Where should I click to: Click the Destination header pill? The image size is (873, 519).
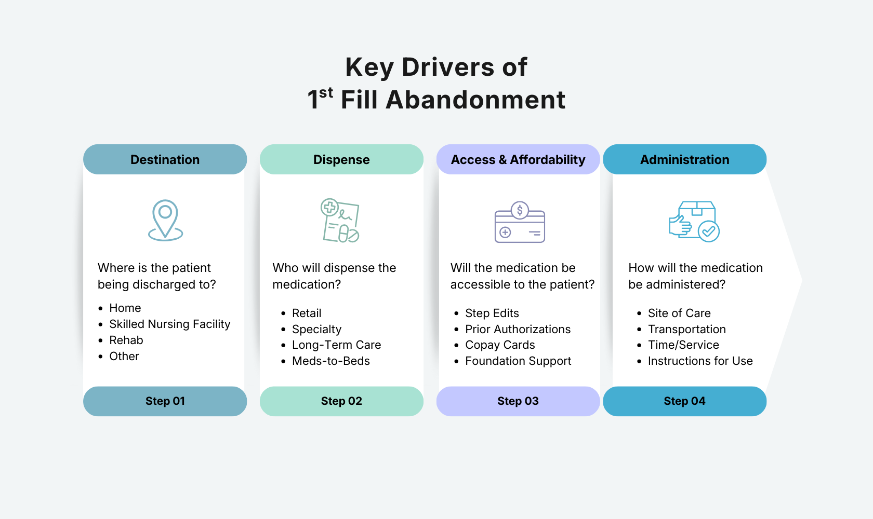pyautogui.click(x=165, y=159)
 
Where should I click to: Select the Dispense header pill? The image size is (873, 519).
pyautogui.click(x=341, y=159)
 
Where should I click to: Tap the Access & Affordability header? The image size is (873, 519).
pyautogui.click(x=518, y=159)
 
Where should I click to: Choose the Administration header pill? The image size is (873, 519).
pyautogui.click(x=684, y=159)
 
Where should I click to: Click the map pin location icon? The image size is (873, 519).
pyautogui.click(x=165, y=220)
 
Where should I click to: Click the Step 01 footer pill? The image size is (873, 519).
pyautogui.click(x=165, y=401)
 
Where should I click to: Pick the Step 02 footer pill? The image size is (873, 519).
pyautogui.click(x=341, y=401)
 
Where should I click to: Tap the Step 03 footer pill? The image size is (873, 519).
pyautogui.click(x=518, y=401)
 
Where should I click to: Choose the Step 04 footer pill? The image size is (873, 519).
pyautogui.click(x=684, y=401)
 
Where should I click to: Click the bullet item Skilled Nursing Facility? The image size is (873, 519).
pyautogui.click(x=169, y=324)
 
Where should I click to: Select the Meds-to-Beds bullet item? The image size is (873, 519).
pyautogui.click(x=330, y=361)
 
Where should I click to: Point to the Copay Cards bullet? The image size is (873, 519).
pyautogui.click(x=500, y=345)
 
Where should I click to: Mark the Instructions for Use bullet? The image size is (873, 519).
pyautogui.click(x=700, y=361)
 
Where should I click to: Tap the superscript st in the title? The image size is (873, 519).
pyautogui.click(x=326, y=93)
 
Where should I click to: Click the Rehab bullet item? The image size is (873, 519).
pyautogui.click(x=126, y=340)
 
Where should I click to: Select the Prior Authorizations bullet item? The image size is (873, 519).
pyautogui.click(x=518, y=330)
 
